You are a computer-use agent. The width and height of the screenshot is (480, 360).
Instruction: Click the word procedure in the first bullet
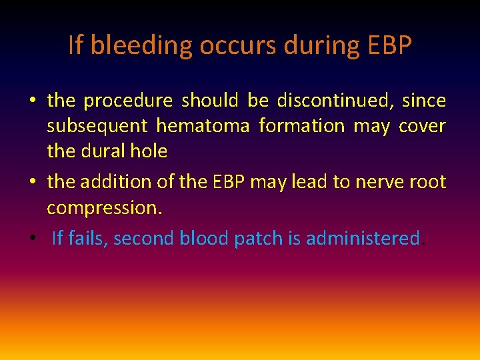[x=127, y=101]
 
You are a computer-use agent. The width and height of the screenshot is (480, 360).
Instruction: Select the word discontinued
[x=333, y=101]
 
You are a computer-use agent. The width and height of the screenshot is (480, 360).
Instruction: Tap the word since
[x=424, y=101]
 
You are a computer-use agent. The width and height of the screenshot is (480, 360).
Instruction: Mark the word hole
[x=149, y=151]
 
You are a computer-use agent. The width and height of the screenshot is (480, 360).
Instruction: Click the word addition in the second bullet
[x=113, y=182]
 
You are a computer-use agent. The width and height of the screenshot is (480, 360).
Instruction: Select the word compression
[x=104, y=207]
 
